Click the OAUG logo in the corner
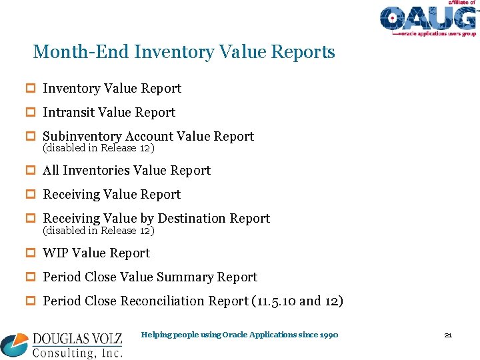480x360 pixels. [x=428, y=19]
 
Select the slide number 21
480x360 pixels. [x=448, y=335]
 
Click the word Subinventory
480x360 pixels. [x=83, y=137]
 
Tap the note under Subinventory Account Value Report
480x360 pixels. [x=98, y=148]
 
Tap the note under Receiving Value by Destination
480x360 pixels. [x=98, y=231]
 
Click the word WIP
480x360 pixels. [x=55, y=253]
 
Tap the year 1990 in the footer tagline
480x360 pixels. [x=328, y=335]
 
